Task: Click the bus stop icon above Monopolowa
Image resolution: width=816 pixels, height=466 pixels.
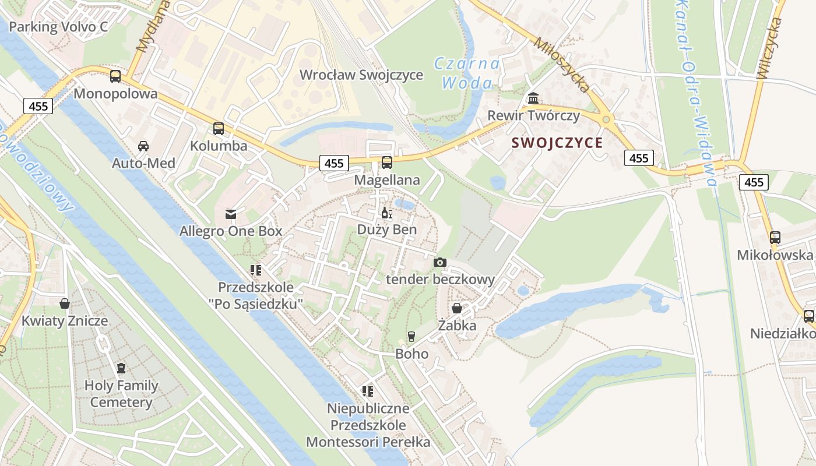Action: [x=115, y=76]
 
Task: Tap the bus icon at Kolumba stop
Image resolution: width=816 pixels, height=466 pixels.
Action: [x=219, y=129]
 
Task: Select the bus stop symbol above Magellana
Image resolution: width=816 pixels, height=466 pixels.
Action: [x=386, y=163]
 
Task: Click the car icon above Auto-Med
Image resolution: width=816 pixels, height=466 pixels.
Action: [x=143, y=146]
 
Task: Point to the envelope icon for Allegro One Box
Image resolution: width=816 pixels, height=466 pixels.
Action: [x=231, y=214]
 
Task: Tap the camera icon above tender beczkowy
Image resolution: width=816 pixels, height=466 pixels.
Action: [x=440, y=262]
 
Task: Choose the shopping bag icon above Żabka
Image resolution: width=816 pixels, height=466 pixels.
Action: [x=457, y=308]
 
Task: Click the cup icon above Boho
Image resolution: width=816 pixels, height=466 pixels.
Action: [x=411, y=336]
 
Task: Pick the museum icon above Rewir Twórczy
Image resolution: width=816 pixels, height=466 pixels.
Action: [x=533, y=97]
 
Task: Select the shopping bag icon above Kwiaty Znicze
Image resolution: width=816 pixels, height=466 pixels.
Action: [x=65, y=303]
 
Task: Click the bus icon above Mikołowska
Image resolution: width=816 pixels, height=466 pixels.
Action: [x=775, y=237]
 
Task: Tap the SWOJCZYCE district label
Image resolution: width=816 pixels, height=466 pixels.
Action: [x=557, y=143]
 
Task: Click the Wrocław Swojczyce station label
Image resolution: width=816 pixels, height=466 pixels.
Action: [x=361, y=75]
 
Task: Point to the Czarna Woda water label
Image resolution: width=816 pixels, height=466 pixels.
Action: [x=467, y=73]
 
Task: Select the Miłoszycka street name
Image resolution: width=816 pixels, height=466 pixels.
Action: [x=562, y=64]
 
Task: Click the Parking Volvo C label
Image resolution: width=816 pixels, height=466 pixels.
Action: [x=58, y=27]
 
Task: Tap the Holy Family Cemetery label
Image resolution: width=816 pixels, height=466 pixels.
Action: [x=121, y=394]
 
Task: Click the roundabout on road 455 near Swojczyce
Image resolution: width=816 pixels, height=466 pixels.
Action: [x=606, y=119]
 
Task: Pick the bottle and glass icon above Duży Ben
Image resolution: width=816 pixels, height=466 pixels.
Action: [x=386, y=213]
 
